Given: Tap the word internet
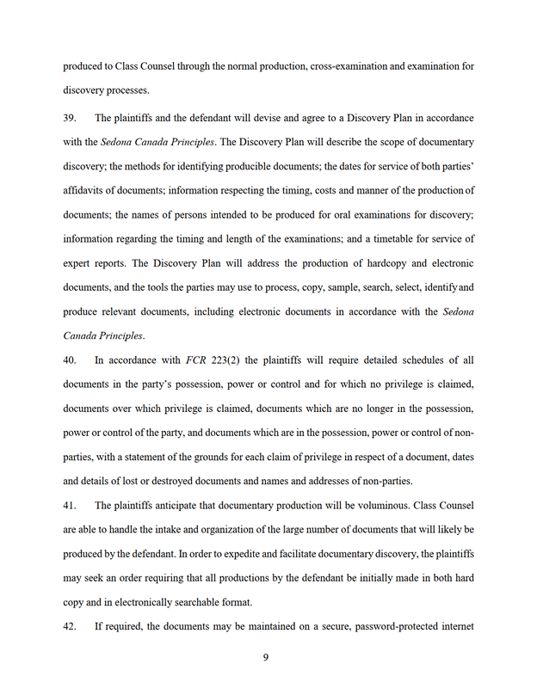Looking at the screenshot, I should point(455,627).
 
